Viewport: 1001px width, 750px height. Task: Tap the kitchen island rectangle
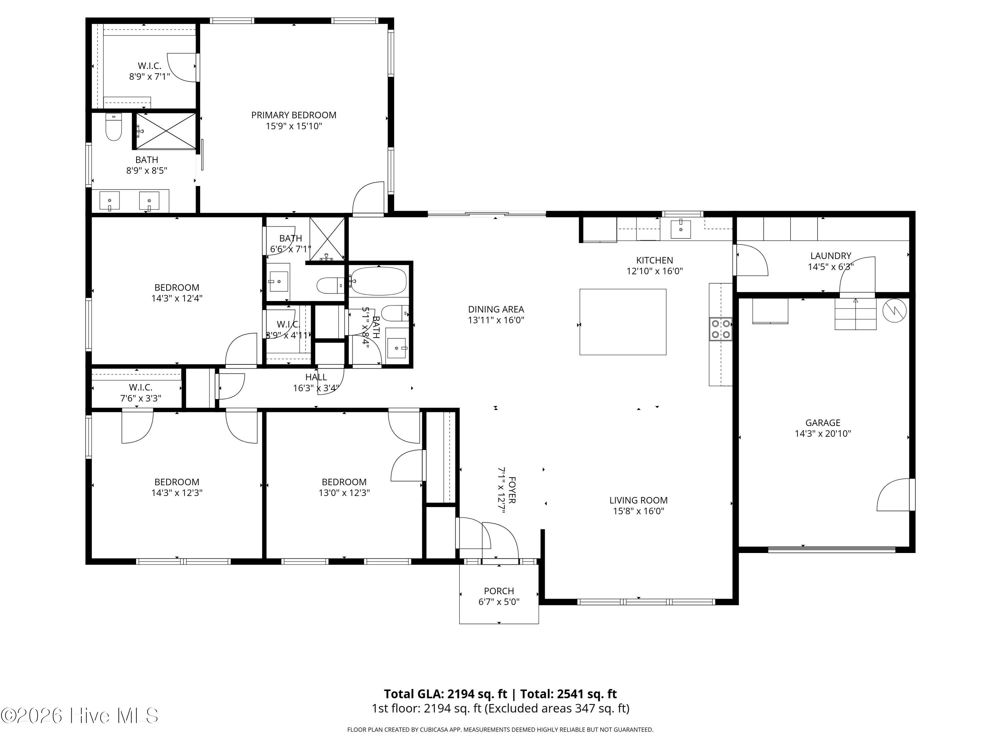click(x=623, y=322)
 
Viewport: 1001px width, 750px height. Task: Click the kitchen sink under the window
click(x=681, y=229)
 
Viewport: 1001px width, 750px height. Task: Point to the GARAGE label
click(x=823, y=423)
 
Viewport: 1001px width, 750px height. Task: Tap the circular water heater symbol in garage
click(x=895, y=311)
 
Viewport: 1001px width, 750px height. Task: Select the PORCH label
click(x=499, y=591)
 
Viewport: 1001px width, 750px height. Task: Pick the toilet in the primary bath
click(x=113, y=127)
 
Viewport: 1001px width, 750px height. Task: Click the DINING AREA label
click(x=496, y=310)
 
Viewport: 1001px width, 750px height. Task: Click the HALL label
click(x=316, y=377)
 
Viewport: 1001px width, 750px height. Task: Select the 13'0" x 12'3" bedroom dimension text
click(x=344, y=493)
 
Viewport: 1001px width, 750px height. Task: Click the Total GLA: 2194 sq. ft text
click(x=446, y=694)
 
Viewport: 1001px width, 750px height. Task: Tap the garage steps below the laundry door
click(x=855, y=314)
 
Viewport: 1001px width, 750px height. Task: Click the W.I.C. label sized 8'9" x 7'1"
click(x=149, y=66)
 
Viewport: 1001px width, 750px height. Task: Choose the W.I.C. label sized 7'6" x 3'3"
click(x=140, y=387)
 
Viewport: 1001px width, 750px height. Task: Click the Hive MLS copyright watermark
click(x=80, y=716)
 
